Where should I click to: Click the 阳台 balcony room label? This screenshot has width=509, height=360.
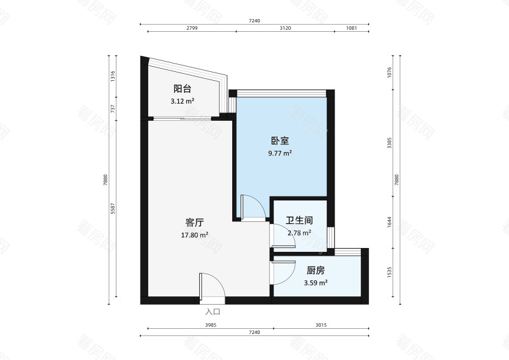pos(183,89)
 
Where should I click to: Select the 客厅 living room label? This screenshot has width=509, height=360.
pos(195,223)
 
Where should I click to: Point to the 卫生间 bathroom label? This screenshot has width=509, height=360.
pos(299,221)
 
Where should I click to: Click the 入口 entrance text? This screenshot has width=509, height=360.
pos(213,312)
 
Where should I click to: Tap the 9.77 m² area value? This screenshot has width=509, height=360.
pos(280,153)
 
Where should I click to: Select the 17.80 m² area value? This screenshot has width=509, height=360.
pos(195,235)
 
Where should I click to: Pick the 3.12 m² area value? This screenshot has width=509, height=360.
pos(183,101)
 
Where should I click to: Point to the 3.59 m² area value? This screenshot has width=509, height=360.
pos(315,283)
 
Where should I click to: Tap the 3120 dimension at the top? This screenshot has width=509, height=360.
pos(285,29)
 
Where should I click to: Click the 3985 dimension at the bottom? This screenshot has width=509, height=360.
pos(211,326)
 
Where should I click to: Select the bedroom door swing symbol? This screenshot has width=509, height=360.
pos(250,207)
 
